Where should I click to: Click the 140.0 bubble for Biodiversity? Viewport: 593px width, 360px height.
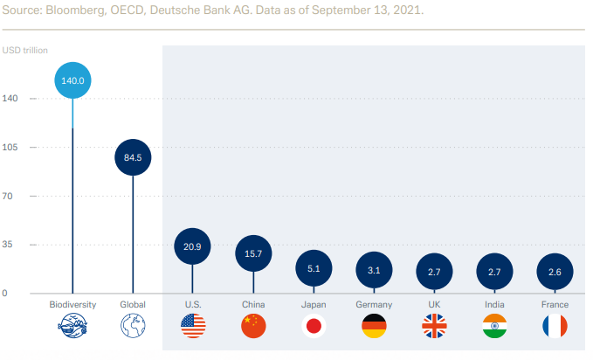[72, 80]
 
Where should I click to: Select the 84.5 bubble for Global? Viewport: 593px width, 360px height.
[133, 157]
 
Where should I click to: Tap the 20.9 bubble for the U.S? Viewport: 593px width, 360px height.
[192, 247]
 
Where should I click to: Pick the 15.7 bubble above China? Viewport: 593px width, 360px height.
[253, 253]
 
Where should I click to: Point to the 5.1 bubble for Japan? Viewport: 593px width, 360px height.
[314, 269]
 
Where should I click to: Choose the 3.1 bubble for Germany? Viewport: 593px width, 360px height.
[374, 271]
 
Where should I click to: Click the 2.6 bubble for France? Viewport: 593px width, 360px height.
[555, 272]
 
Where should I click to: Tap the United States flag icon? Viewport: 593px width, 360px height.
[192, 327]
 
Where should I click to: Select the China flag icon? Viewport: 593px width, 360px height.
[253, 327]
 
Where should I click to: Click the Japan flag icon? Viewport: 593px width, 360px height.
[314, 327]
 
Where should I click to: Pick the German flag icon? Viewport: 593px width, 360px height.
[374, 327]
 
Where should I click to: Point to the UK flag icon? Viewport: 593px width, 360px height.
[434, 327]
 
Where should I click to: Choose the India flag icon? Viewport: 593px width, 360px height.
[494, 327]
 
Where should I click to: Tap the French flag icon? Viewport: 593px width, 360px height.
[555, 327]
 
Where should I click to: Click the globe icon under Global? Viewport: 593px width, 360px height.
[133, 327]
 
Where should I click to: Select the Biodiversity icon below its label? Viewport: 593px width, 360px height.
[72, 327]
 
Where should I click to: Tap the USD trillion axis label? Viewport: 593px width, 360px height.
[26, 49]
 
